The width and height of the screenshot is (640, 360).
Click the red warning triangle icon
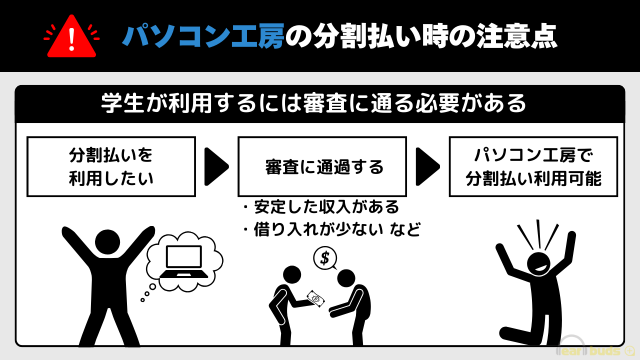pos(71,38)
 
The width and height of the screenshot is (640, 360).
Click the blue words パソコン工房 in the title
pos(203,36)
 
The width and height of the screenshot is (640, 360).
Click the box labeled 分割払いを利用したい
pos(111,166)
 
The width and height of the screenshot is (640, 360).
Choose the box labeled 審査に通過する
pos(322,166)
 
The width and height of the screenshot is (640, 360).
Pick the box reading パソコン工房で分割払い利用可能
pos(533,166)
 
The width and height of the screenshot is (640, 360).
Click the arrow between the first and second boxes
pos(216,166)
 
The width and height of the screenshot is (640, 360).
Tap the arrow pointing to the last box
pos(427,166)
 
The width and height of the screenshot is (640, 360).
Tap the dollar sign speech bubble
pos(324,258)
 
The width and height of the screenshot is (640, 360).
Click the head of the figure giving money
pos(292,274)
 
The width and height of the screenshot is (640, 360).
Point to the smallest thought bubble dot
pos(142,300)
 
